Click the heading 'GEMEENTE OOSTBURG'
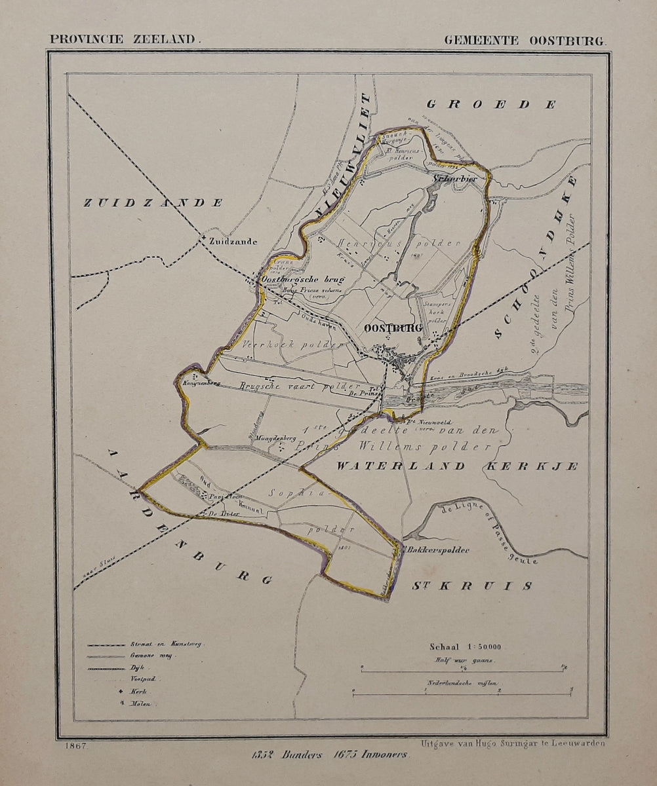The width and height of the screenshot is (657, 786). coord(525,40)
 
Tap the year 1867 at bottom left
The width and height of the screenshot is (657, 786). coord(77,745)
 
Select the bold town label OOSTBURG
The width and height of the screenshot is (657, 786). coord(393,328)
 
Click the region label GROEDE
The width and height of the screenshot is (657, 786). coord(492,104)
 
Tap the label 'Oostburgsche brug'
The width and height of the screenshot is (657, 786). coord(302,280)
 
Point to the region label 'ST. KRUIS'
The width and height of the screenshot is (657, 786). coord(471,585)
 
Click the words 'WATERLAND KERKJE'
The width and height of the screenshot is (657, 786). coord(458,466)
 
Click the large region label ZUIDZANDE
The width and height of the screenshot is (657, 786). coord(153,203)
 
